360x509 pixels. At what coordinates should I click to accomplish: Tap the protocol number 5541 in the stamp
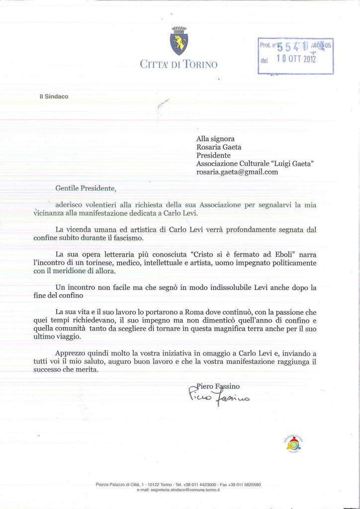pyautogui.click(x=293, y=47)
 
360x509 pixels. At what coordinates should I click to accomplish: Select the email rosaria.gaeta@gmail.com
pyautogui.click(x=237, y=172)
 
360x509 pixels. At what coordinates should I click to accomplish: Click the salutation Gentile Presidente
pyautogui.click(x=86, y=188)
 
